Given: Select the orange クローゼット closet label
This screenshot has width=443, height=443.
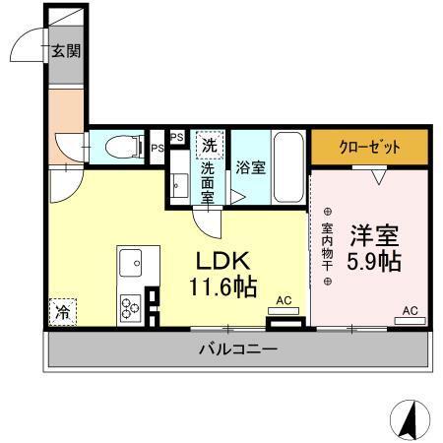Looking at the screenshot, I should (370, 148).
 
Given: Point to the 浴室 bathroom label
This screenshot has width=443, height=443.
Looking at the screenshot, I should (249, 167).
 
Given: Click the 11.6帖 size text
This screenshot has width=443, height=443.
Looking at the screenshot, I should (223, 288).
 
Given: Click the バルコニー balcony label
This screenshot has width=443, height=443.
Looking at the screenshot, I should (237, 348).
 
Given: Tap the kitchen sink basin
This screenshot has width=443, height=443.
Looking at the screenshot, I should (131, 263).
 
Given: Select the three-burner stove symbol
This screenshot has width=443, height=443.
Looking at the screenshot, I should (130, 307).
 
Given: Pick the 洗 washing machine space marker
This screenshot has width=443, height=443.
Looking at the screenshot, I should (210, 145).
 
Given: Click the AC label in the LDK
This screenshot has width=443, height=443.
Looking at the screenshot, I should (284, 300).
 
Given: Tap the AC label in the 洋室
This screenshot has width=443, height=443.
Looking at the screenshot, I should (410, 311).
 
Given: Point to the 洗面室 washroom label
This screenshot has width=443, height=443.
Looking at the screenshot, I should (209, 182).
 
